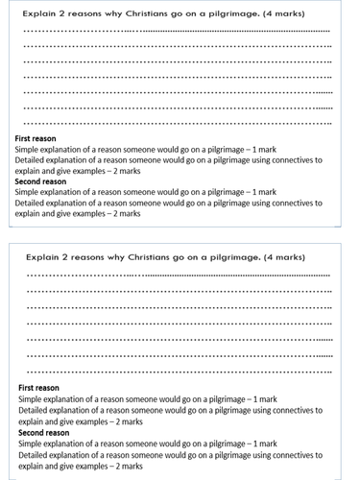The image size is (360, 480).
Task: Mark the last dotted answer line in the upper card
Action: coord(178,123)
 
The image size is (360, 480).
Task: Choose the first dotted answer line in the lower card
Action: coord(178,276)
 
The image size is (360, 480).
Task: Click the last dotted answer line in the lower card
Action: coord(178,371)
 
